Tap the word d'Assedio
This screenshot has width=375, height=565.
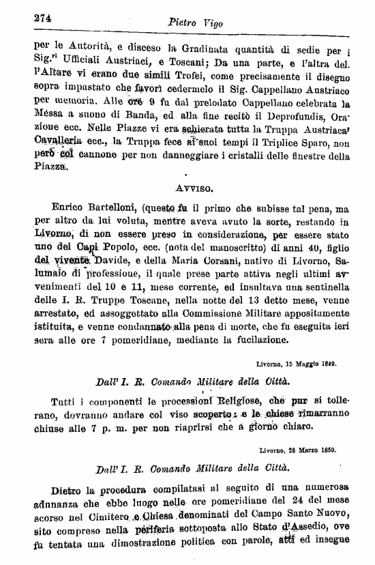click(286, 534)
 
